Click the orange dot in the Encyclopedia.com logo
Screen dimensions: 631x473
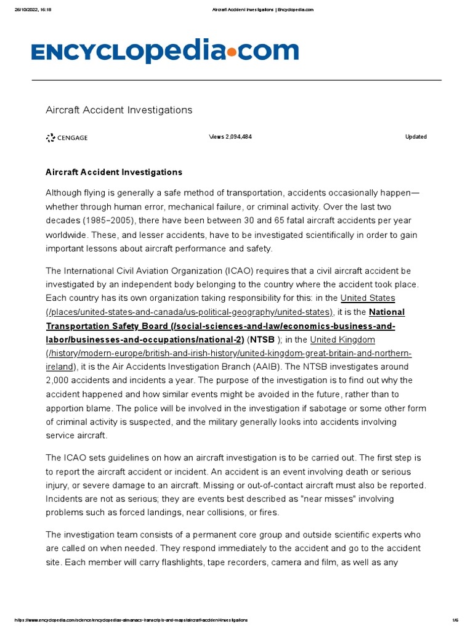point(231,53)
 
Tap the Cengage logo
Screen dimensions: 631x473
point(67,137)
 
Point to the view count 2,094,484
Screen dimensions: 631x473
point(230,137)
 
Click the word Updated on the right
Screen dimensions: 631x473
point(416,137)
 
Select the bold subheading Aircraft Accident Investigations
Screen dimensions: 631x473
point(114,173)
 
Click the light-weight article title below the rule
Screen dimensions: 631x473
point(119,110)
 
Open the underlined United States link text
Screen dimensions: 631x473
point(368,298)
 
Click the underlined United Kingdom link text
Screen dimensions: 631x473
point(342,340)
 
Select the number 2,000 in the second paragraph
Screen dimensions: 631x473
point(60,380)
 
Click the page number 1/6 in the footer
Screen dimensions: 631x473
point(456,619)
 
